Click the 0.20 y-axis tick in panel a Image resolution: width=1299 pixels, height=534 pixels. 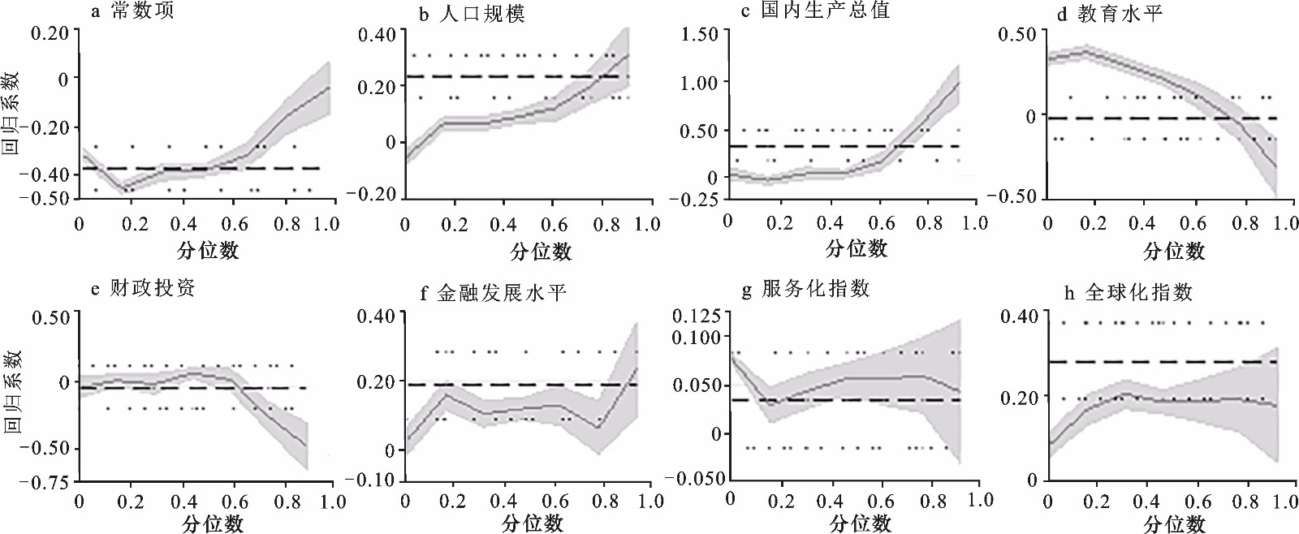(x=50, y=33)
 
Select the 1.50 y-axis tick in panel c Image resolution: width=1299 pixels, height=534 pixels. (x=700, y=34)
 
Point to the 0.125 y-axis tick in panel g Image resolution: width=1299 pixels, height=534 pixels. (x=697, y=316)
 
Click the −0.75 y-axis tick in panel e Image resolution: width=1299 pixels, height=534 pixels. (x=44, y=482)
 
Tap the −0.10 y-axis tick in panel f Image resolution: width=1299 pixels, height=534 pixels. (x=375, y=480)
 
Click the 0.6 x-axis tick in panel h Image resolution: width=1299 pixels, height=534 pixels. (x=1198, y=502)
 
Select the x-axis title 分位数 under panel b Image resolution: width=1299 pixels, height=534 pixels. (x=541, y=251)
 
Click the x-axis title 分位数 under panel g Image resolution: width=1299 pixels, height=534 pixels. (x=860, y=523)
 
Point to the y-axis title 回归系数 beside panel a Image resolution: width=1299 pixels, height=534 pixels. (x=11, y=113)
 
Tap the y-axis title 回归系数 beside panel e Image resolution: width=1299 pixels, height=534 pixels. (x=11, y=391)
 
